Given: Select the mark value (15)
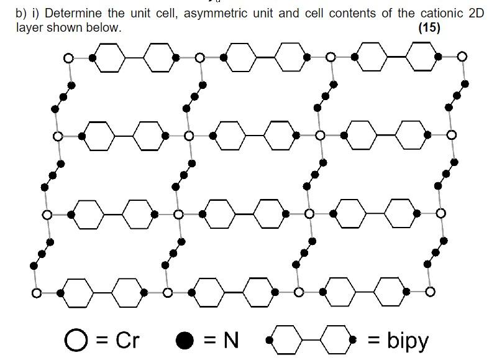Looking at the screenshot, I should (429, 27).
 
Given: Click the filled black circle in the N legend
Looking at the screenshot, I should (184, 340).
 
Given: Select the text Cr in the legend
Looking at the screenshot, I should (127, 340).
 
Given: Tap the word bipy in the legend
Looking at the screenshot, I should (408, 340).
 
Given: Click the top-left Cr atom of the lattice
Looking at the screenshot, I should (68, 58).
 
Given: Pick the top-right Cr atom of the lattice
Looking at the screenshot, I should (462, 57).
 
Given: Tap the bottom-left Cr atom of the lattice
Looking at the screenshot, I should (37, 292).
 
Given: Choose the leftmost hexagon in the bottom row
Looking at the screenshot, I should (78, 292).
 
